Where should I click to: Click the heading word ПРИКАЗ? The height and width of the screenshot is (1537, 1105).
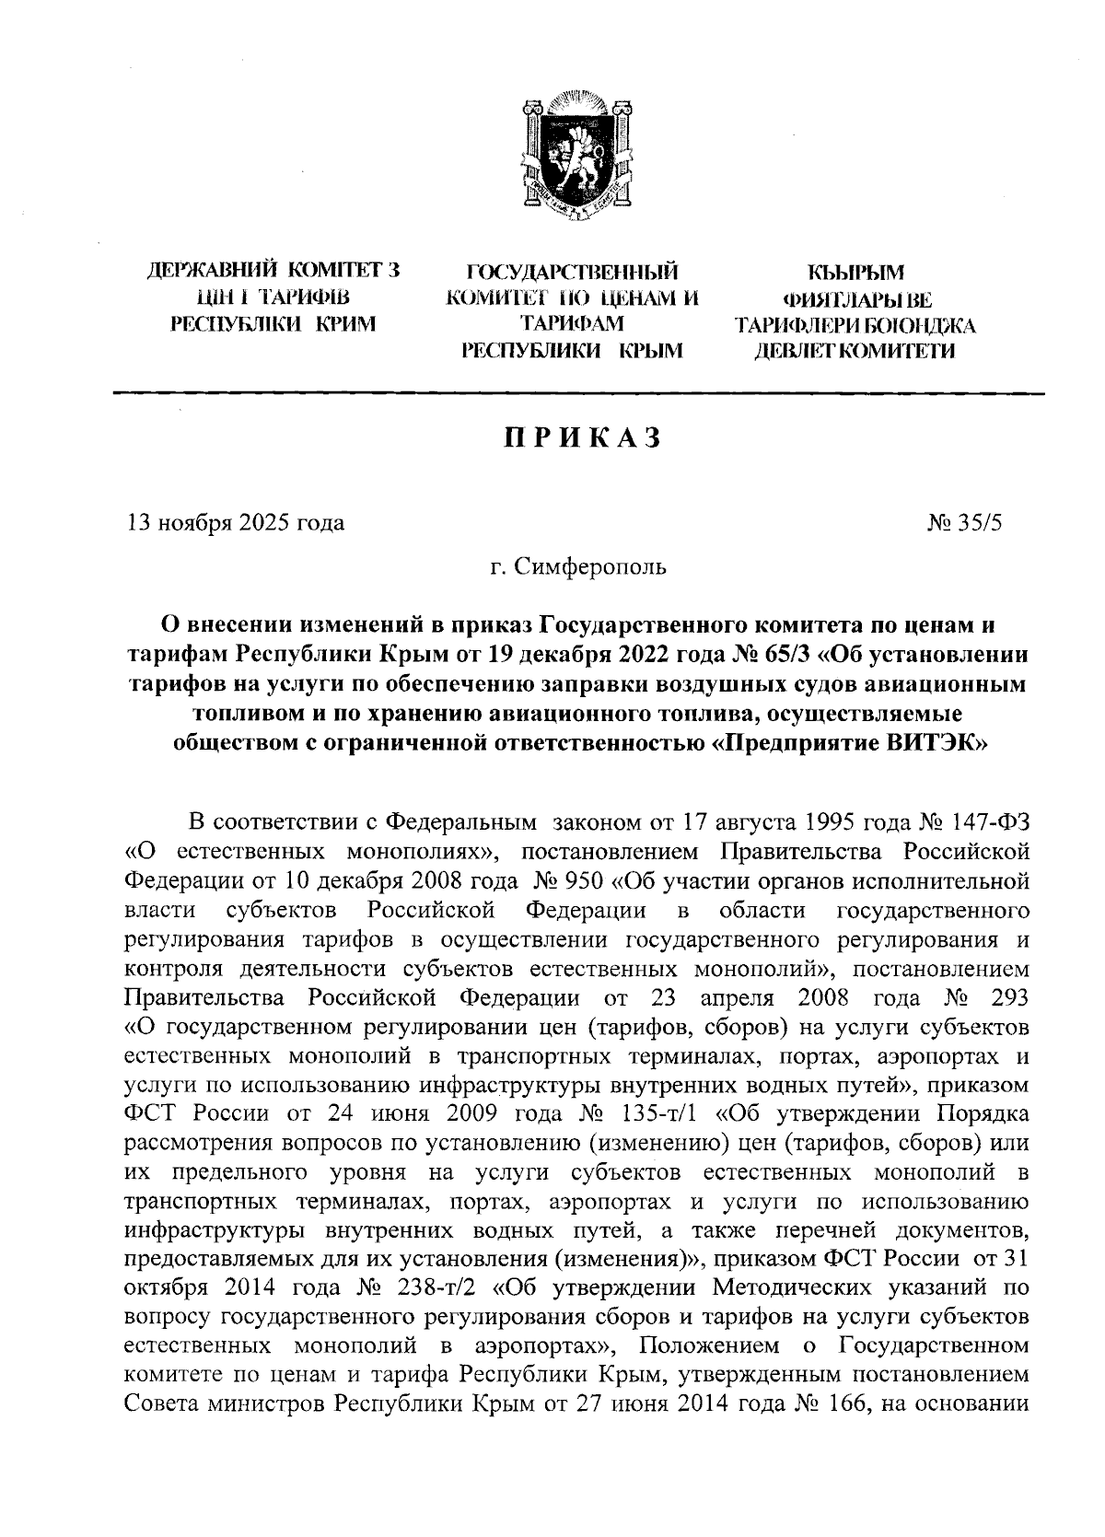point(581,439)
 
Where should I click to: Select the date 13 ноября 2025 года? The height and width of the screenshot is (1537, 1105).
point(236,523)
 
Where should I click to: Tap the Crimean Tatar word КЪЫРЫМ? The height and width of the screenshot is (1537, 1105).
point(855,273)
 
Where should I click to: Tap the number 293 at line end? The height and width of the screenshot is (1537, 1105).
point(1009,999)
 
